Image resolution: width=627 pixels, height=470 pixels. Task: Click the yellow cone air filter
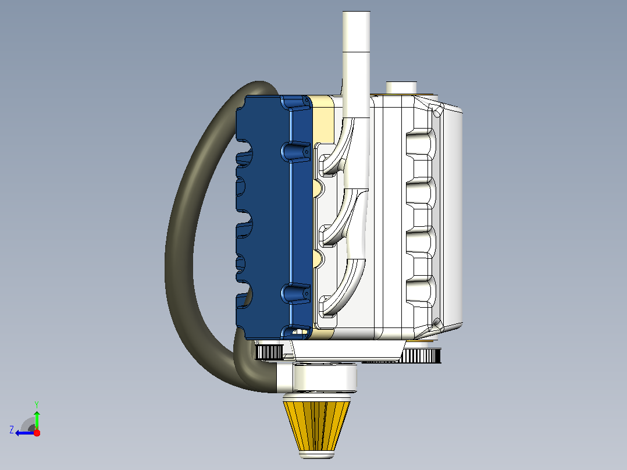316,426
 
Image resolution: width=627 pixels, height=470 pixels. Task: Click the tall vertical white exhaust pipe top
357,32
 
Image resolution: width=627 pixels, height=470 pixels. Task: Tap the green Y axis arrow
37,420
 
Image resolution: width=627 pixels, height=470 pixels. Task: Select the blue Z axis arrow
25,433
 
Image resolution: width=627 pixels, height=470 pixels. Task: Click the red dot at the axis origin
37,433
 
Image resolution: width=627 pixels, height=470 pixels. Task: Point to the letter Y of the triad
37,404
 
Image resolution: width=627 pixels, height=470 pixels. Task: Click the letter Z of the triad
12,430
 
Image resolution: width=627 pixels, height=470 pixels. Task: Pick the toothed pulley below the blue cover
269,352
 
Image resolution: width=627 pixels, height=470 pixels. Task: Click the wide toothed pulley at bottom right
421,355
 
